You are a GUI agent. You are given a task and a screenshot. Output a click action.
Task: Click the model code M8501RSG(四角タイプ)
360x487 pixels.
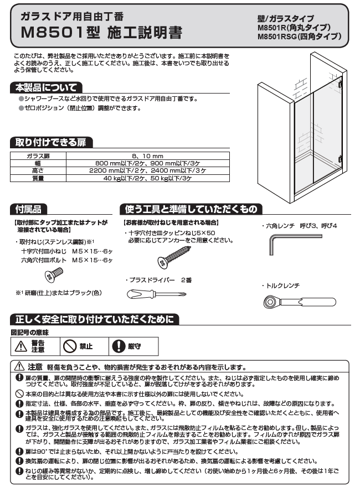coord(299,37)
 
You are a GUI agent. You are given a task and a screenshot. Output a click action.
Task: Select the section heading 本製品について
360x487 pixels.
coord(47,87)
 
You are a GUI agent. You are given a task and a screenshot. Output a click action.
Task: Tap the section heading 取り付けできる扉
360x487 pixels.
coord(50,143)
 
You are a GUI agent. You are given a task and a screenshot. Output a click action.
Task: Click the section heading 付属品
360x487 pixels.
coord(28,209)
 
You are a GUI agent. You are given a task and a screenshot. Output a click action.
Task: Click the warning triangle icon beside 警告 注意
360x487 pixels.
coord(21,346)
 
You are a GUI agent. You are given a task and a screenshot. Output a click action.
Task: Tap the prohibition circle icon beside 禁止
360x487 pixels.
coord(70,346)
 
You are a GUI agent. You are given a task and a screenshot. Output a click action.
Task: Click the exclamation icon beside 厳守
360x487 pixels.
coord(118,346)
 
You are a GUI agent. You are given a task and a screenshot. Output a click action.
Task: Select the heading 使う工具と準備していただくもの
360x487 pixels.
coord(191,209)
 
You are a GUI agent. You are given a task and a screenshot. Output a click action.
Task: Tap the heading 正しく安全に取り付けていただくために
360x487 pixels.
coord(94,319)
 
